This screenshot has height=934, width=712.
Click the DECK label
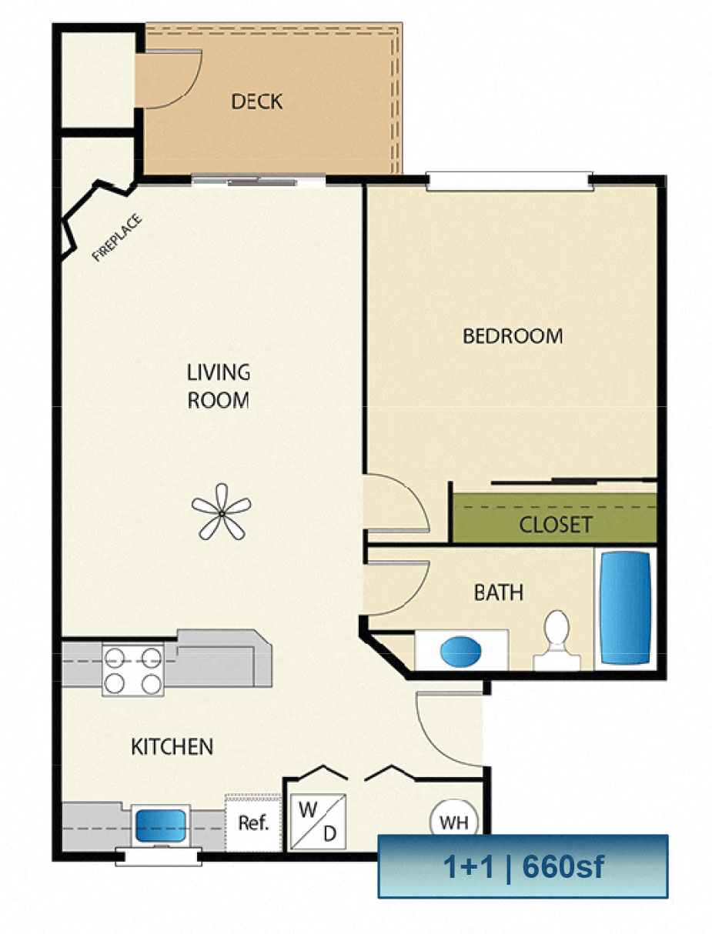(256, 102)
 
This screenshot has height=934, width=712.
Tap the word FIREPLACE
(116, 238)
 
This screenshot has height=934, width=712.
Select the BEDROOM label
(513, 336)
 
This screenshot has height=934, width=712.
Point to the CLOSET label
(556, 525)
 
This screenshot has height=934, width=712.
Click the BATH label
(498, 592)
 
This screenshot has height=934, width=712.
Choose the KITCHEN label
(172, 747)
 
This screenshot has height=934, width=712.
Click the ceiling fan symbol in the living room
(222, 512)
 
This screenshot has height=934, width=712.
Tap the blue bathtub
(625, 608)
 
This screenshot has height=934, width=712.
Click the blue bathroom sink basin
(461, 651)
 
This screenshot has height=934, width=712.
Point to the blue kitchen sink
(160, 826)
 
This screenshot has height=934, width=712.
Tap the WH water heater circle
(454, 822)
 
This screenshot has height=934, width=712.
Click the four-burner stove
(133, 670)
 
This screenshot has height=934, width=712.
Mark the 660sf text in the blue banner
(563, 867)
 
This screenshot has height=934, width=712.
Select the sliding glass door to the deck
(259, 181)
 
